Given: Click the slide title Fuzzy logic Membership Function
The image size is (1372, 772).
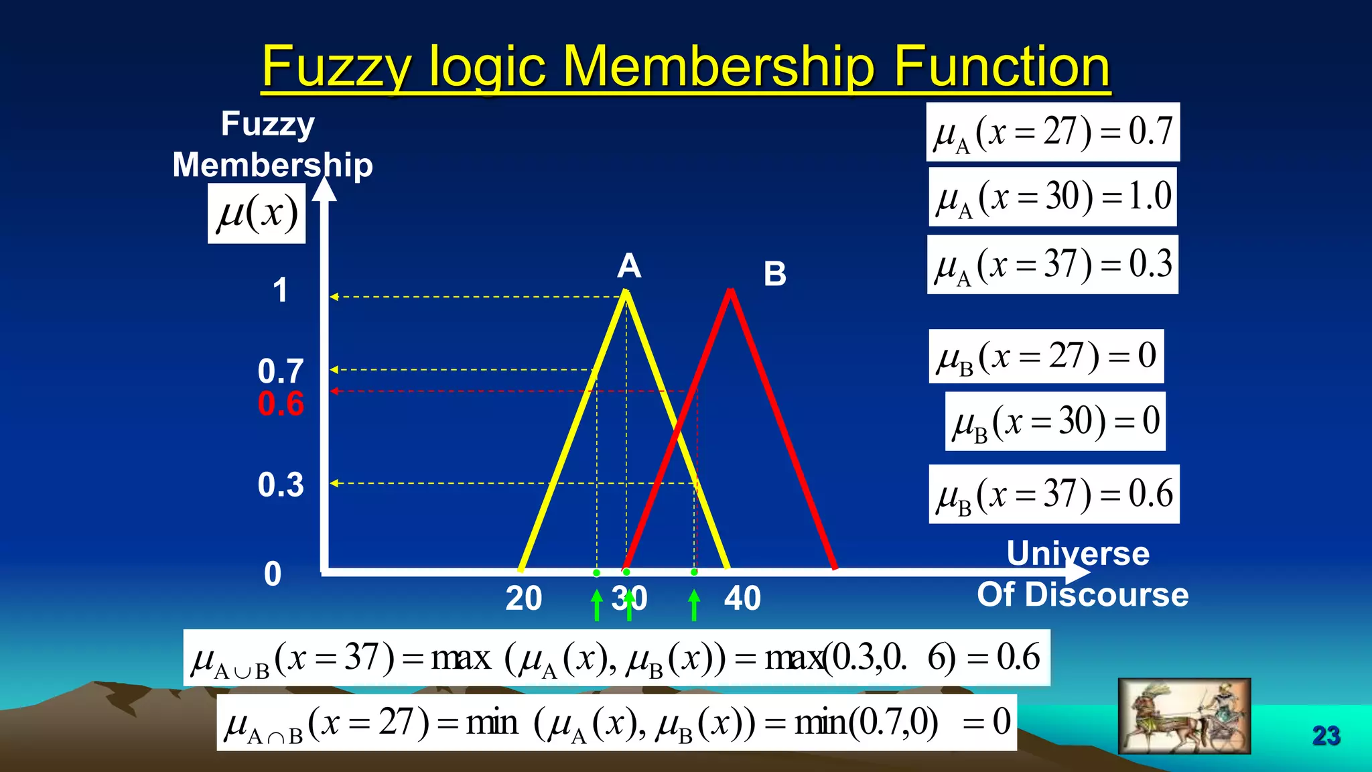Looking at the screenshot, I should (x=685, y=67).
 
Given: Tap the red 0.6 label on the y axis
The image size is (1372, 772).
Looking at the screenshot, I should (x=281, y=404).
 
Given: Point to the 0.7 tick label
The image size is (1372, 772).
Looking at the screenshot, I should (x=281, y=371).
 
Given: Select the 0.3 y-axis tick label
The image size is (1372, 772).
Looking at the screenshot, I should (x=281, y=485).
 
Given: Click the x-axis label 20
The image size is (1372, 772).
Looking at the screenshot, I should (x=523, y=598).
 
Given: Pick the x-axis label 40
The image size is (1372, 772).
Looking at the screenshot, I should (x=742, y=598).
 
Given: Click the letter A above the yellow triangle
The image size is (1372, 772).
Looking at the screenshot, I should (x=629, y=266).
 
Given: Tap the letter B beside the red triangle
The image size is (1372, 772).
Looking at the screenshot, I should (x=775, y=274).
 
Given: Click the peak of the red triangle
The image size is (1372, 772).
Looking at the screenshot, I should (x=730, y=292).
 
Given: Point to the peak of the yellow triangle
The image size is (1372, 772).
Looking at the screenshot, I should (x=626, y=292).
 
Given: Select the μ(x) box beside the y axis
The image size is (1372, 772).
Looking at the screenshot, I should (x=257, y=214).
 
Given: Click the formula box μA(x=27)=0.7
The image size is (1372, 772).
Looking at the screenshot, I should (x=1052, y=132).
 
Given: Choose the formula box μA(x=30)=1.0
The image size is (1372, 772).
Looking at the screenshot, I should (x=1052, y=197).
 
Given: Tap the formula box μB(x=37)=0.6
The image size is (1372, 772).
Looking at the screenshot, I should (x=1054, y=495).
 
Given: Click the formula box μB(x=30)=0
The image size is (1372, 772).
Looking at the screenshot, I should (x=1055, y=422).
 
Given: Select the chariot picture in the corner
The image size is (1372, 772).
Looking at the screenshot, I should (x=1184, y=716).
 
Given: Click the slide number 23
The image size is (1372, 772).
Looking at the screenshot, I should (x=1326, y=736).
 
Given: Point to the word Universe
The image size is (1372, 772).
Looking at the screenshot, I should (x=1078, y=554).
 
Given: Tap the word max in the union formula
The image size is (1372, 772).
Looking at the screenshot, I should (x=461, y=658).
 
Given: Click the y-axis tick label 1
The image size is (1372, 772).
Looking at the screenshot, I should (x=280, y=291).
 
